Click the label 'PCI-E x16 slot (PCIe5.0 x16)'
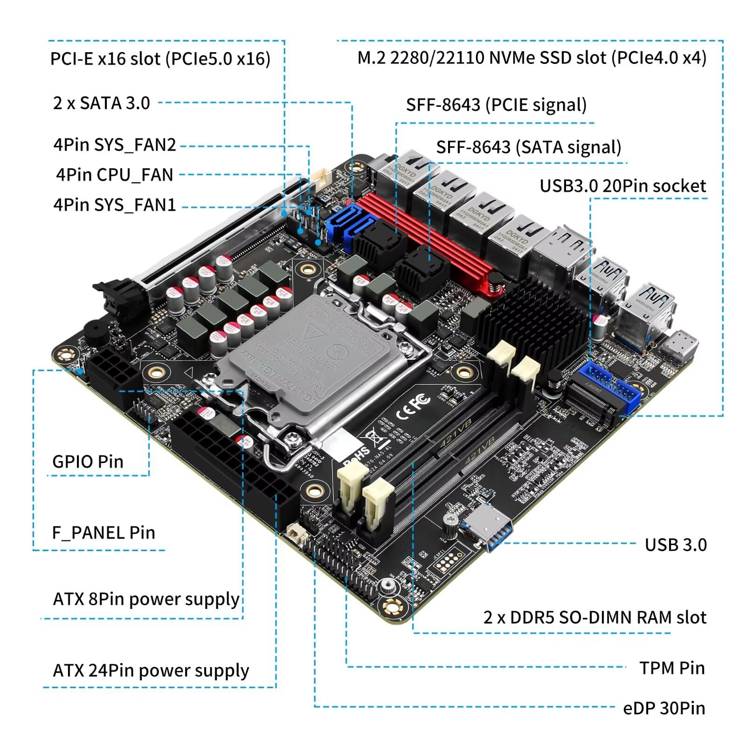pos(160,59)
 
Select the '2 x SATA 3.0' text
pos(101,103)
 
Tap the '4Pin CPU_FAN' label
pos(114,175)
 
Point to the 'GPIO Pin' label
pos(88,462)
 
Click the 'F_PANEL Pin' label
pos(103,532)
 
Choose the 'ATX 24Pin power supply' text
pos(151,670)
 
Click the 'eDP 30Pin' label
pos(663,708)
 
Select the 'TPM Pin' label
pos(671,668)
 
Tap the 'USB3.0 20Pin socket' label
pos(622,186)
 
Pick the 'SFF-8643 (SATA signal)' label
pos(528,147)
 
